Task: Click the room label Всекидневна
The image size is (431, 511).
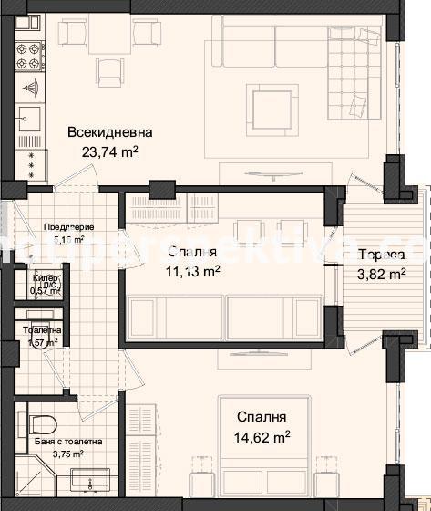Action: pyautogui.click(x=109, y=132)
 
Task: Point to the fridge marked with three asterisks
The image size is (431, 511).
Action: pyautogui.click(x=31, y=165)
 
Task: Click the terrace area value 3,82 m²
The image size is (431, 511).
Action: pyautogui.click(x=381, y=273)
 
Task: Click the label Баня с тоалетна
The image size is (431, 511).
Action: pyautogui.click(x=64, y=442)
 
